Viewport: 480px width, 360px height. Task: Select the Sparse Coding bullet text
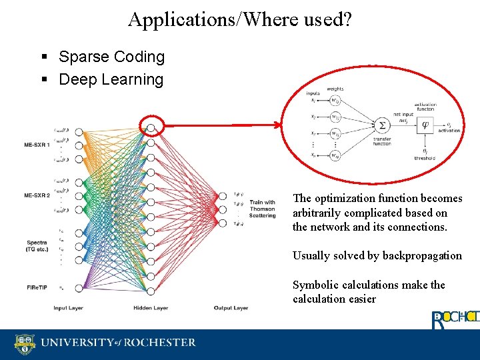(x=111, y=57)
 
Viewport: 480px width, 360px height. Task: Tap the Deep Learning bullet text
(x=111, y=79)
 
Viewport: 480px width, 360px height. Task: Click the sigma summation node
(x=382, y=125)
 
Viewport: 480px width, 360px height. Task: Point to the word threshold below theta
(x=425, y=158)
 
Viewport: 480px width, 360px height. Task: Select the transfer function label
(x=382, y=141)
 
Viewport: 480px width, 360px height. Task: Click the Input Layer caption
(x=69, y=308)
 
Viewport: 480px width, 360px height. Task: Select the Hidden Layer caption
(x=150, y=308)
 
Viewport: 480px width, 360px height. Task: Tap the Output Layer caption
(x=231, y=308)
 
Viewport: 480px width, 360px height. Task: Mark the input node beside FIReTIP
(x=79, y=288)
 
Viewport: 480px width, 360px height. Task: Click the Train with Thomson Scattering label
(x=262, y=209)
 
